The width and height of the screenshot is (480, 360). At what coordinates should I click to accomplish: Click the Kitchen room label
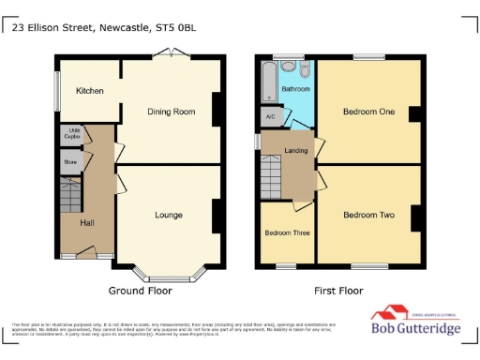click(90, 91)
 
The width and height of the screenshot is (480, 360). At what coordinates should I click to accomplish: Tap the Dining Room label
click(171, 112)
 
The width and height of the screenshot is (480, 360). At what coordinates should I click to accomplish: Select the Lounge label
click(169, 215)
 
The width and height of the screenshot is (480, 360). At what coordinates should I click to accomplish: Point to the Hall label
click(86, 222)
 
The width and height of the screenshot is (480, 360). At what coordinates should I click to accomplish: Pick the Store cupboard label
click(70, 161)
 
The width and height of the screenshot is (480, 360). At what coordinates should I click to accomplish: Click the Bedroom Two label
click(368, 215)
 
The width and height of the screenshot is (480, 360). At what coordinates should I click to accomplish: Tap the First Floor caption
click(337, 291)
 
